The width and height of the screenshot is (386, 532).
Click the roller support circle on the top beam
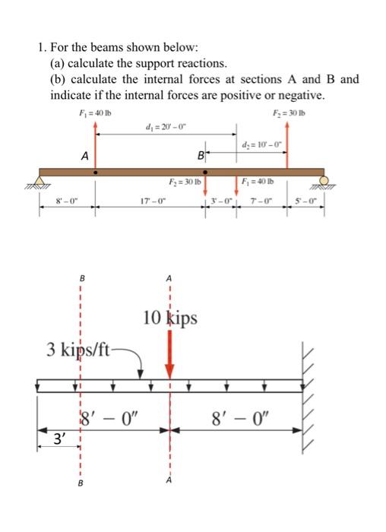[x=326, y=181]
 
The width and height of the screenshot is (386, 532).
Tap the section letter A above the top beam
[x=85, y=155]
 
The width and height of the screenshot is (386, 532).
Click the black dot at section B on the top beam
[x=204, y=173]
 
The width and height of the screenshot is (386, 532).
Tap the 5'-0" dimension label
[x=312, y=201]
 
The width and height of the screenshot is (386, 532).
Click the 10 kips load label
[x=170, y=317]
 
